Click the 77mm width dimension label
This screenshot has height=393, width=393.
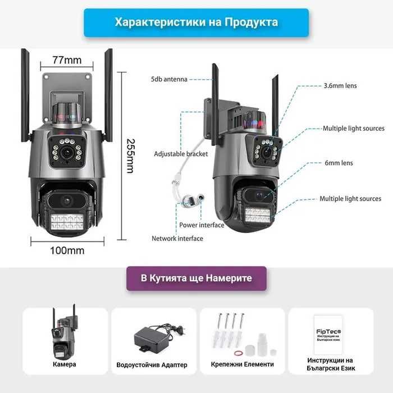click(x=67, y=60)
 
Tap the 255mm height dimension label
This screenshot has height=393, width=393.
click(x=130, y=156)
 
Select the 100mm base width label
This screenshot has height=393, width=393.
click(x=67, y=250)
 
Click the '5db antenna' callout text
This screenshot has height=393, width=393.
click(x=168, y=79)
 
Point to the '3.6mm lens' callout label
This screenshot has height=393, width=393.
click(x=340, y=86)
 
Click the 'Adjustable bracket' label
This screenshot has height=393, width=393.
click(x=181, y=154)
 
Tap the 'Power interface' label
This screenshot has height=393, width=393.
click(x=202, y=225)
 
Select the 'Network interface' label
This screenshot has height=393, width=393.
click(x=177, y=239)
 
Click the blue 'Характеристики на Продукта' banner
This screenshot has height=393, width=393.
click(x=196, y=22)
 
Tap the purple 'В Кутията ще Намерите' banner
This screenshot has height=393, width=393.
click(x=196, y=278)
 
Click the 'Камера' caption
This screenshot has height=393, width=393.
click(x=64, y=364)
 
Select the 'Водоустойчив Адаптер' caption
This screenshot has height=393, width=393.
click(x=152, y=365)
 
